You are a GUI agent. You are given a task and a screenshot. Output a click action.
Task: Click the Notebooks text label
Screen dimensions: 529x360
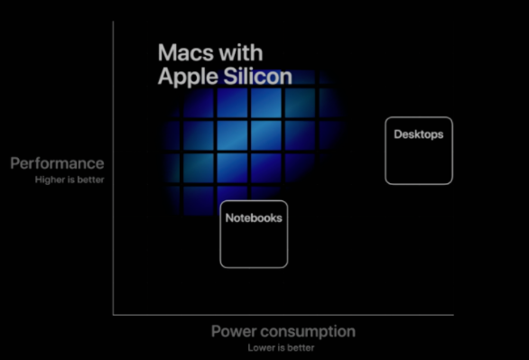(x=254, y=217)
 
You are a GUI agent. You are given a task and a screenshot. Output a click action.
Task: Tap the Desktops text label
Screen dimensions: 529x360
(x=418, y=134)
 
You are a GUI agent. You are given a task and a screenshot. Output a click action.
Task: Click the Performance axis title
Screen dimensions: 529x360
(x=57, y=163)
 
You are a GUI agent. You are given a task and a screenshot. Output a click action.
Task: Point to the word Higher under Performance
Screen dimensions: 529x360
(x=49, y=180)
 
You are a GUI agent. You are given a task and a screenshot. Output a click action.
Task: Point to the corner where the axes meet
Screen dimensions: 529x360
(x=113, y=315)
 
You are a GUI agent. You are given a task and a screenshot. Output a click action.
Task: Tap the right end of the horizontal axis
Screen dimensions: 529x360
(x=452, y=315)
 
